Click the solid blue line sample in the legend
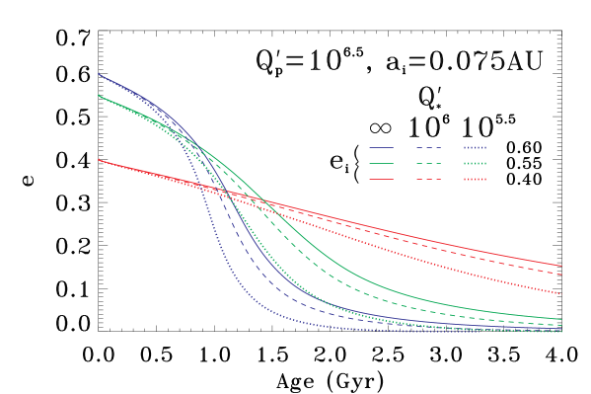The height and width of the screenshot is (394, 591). coord(381,147)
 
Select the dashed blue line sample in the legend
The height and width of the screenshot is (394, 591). coord(428,147)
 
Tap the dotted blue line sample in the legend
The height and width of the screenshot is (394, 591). coord(475,147)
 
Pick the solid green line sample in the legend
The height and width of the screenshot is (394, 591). coord(381,163)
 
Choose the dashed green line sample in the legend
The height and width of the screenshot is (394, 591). coord(428,163)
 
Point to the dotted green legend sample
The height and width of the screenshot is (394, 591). coord(475,163)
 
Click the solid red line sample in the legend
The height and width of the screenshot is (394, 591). coord(381,179)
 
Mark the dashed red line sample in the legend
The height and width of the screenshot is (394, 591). coord(428,179)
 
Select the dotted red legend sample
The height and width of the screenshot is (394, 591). coord(475,179)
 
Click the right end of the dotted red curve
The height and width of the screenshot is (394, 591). coord(560,294)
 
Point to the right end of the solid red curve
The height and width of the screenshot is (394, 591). coord(561,266)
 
